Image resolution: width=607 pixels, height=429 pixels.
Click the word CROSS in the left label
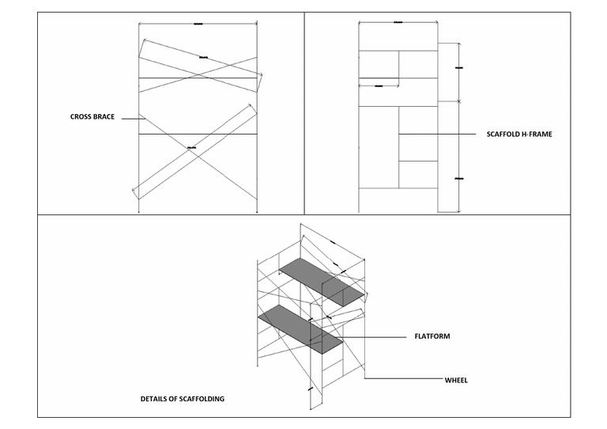81,117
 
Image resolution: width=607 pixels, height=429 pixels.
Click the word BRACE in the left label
104,117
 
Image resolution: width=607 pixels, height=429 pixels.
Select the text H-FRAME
537,135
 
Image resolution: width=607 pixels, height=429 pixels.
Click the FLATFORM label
432,336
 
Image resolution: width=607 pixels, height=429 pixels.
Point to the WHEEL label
456,380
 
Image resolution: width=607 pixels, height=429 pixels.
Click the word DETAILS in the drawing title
156,399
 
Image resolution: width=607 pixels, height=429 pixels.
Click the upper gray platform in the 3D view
324,281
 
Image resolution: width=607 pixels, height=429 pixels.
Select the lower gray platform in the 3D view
300,325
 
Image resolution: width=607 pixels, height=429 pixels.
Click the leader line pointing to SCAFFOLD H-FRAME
439,135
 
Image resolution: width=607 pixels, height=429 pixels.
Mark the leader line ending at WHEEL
403,380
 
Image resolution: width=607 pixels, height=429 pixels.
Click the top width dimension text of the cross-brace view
198,25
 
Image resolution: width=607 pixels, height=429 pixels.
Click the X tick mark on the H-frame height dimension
459,101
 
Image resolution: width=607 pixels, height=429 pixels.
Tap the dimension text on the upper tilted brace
204,57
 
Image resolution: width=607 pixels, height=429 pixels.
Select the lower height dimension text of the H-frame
459,180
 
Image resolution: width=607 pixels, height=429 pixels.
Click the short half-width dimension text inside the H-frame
379,85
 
